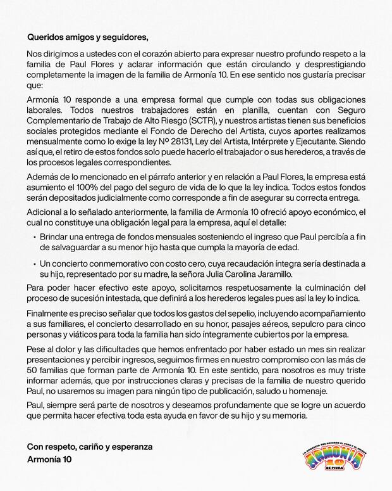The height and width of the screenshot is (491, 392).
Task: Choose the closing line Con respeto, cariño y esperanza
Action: click(90, 447)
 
